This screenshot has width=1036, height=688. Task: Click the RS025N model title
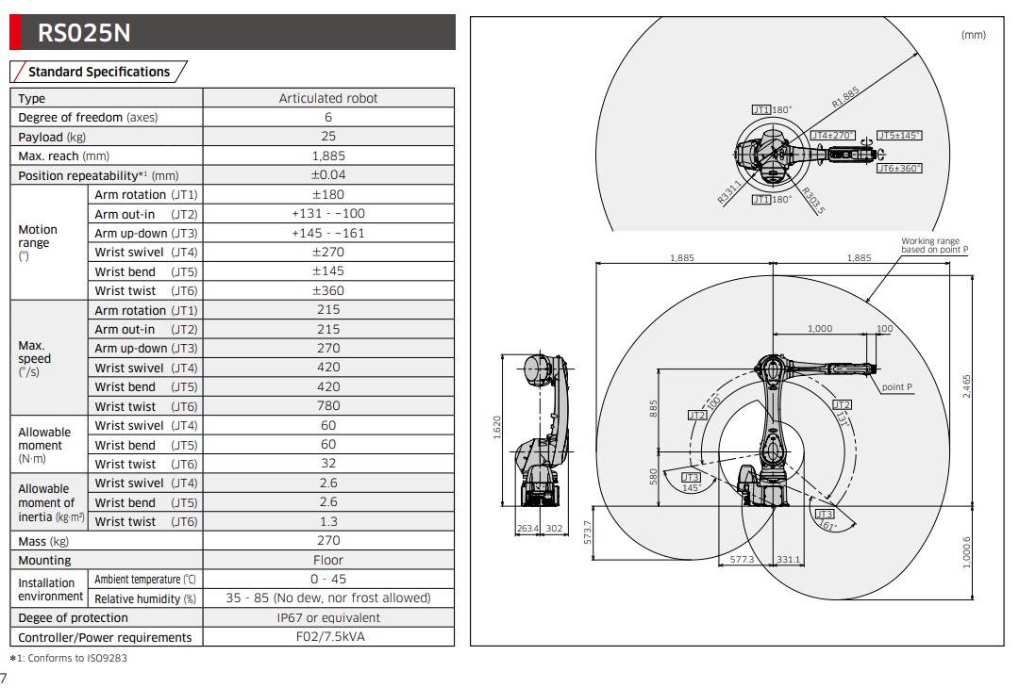(83, 34)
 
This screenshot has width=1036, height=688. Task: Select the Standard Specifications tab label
(99, 72)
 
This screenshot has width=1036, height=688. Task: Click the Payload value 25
(328, 137)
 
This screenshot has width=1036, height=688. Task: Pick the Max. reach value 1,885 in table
(328, 156)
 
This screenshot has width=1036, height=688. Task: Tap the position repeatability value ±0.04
(328, 175)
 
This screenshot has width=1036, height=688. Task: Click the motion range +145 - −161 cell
(328, 233)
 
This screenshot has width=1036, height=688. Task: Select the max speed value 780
(328, 406)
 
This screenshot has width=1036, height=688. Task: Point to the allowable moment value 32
(328, 464)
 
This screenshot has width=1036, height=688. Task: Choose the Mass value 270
(328, 541)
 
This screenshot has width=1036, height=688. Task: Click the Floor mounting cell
(328, 560)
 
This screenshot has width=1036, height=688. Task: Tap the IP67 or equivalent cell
(328, 618)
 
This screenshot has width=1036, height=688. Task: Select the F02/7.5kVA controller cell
(328, 638)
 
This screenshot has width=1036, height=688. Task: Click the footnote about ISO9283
(68, 659)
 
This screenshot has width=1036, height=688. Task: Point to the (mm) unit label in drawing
(973, 35)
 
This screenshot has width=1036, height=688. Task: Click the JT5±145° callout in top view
(899, 136)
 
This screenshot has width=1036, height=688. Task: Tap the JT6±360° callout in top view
(899, 168)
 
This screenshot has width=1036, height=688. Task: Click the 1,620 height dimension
(497, 429)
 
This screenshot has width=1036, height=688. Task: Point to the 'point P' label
(897, 387)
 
